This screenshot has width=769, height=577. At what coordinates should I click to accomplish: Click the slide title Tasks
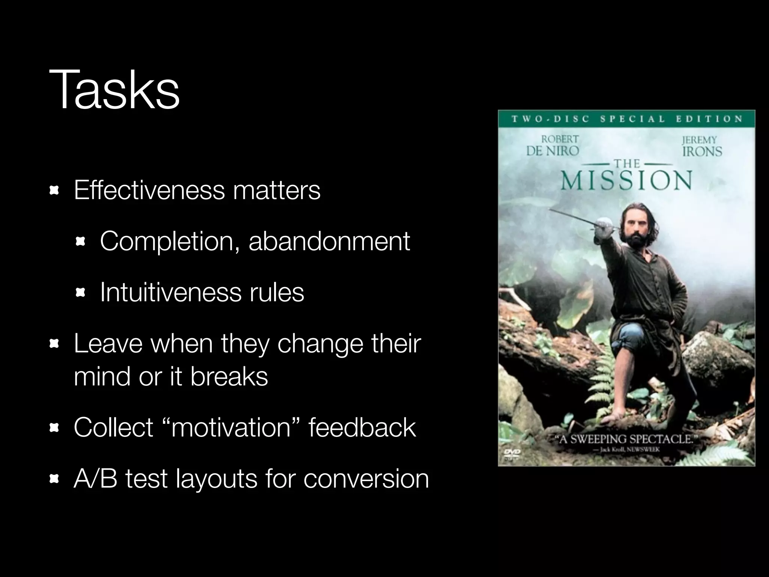114,90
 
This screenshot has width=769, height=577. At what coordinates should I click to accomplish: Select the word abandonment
329,241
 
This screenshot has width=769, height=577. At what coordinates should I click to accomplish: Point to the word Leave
108,343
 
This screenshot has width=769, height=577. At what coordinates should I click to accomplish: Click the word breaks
229,376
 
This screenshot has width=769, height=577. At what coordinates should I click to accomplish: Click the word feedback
362,427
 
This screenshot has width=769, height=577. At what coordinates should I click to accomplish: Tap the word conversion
366,479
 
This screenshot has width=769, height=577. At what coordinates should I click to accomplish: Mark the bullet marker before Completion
80,242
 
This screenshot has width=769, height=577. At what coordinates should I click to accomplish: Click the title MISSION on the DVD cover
626,181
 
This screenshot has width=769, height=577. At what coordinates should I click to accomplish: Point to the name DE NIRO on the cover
552,151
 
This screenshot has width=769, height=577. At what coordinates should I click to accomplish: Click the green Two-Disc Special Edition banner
626,119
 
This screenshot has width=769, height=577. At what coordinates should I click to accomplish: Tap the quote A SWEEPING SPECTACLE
625,439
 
